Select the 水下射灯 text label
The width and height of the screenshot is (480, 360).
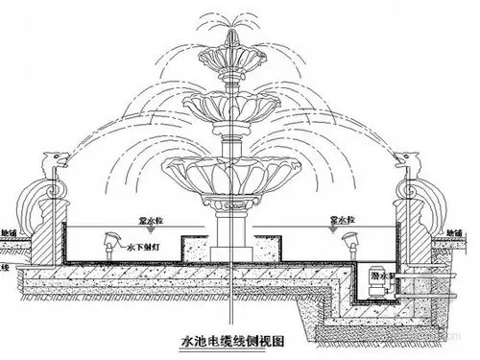pyautogui.click(x=141, y=248)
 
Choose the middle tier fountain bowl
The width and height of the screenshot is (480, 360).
pyautogui.click(x=231, y=99)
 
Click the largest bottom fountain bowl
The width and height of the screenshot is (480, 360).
pyautogui.click(x=231, y=173)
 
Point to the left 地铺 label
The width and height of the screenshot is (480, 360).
pyautogui.click(x=11, y=233)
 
